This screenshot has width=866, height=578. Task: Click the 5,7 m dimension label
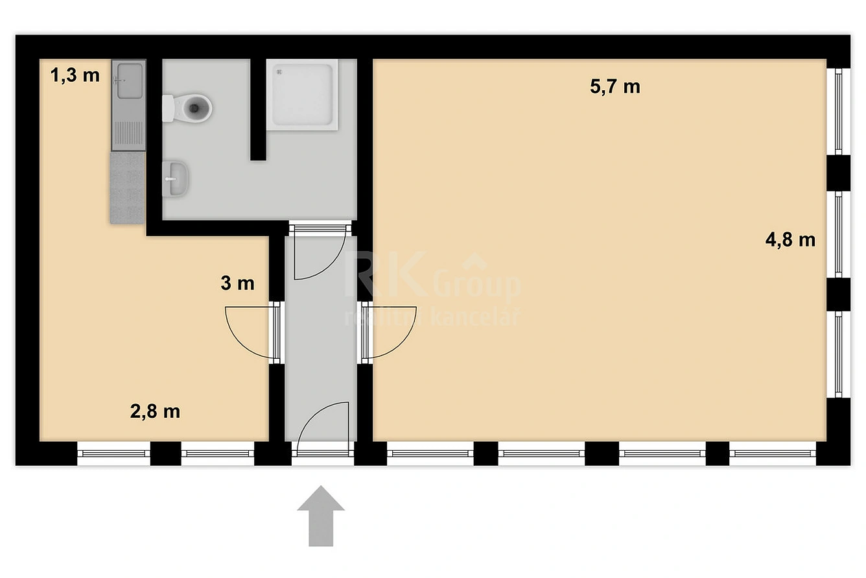coord(614,86)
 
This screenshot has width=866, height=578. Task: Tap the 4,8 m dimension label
coord(790,240)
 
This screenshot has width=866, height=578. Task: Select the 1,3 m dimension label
coord(75,75)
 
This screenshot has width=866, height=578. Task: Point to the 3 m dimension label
coord(237,283)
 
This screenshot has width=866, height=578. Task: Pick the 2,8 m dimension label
coord(155,411)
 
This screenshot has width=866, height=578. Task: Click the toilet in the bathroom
coord(187,108)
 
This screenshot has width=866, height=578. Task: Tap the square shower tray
coord(302,95)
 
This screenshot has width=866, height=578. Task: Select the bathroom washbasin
coord(176,179)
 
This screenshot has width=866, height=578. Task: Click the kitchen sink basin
coord(130,80)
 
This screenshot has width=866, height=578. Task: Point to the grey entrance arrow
coord(321,516)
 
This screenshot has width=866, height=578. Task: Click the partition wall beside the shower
coord(258,110)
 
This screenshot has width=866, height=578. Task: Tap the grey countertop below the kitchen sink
coord(128,188)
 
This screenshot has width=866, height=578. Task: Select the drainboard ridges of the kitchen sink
coord(129,133)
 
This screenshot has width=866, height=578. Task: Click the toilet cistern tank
coord(168,108)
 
